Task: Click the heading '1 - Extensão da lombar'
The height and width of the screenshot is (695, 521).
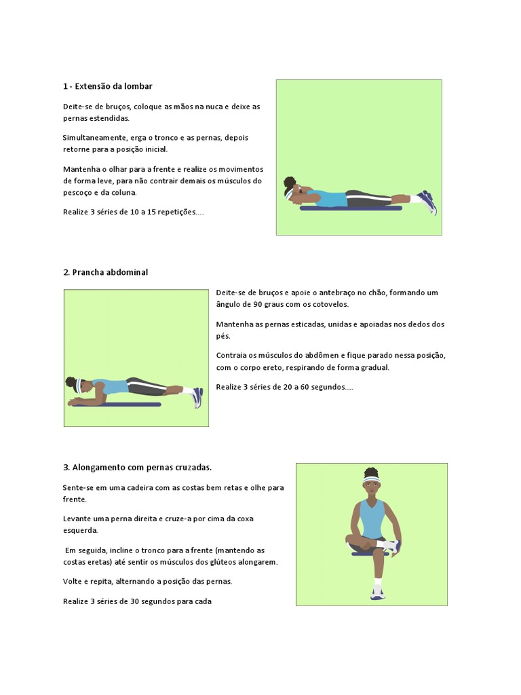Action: coord(107,86)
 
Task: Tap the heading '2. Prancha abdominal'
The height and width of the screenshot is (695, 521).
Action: coord(105,272)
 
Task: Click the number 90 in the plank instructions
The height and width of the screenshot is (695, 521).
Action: coord(265,304)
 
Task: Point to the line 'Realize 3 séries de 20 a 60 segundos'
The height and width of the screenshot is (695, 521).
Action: coord(284,387)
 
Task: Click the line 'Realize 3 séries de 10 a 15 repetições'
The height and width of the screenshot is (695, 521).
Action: coord(133,212)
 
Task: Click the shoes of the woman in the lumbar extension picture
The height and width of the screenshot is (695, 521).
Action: coord(427,201)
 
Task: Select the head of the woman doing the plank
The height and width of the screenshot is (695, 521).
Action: coord(74,386)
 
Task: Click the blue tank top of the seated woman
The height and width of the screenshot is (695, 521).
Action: coord(372,519)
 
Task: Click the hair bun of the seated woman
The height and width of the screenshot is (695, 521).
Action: coord(370,471)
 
